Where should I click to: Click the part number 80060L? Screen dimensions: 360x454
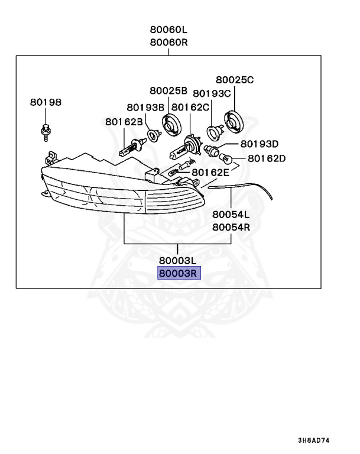[x=168, y=30]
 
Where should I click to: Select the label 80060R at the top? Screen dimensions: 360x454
[x=168, y=42]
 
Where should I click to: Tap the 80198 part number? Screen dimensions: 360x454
[x=46, y=102]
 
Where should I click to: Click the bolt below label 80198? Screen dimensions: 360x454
[x=46, y=132]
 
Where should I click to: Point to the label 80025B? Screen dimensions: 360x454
[x=168, y=90]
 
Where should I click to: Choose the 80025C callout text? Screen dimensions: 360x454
[x=234, y=79]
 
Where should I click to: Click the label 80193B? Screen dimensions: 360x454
[x=145, y=107]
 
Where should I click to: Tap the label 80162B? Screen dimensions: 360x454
[x=124, y=121]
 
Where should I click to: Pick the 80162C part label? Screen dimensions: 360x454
[x=190, y=107]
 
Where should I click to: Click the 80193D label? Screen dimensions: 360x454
[x=259, y=144]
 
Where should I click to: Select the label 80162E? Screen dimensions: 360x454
[x=209, y=172]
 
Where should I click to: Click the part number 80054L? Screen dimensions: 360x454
[x=231, y=214]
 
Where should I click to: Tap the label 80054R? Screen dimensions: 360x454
[x=231, y=226]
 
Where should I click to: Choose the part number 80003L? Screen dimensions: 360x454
[x=177, y=260]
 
